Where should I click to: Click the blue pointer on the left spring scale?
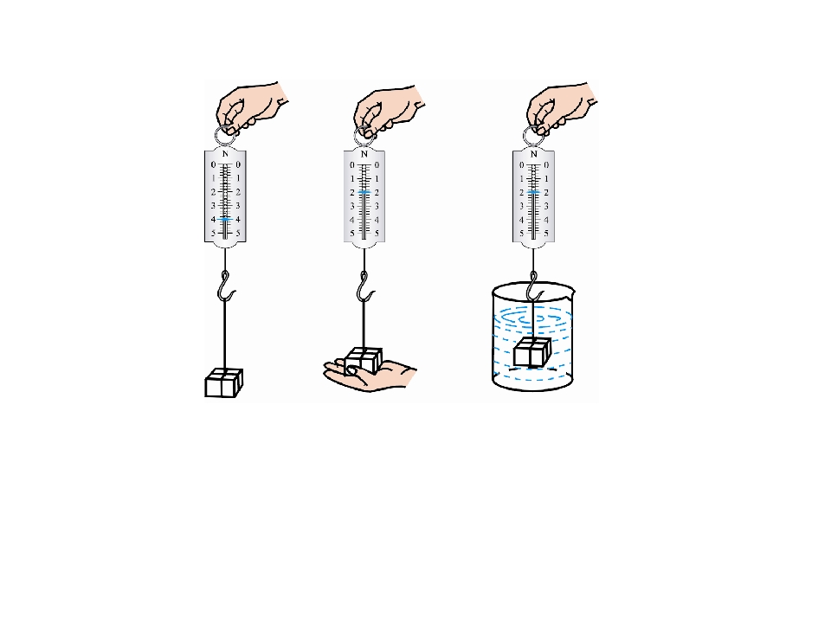(x=226, y=219)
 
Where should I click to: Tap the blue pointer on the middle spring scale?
(x=364, y=192)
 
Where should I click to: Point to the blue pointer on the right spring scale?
(x=534, y=192)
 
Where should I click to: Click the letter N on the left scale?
(x=225, y=154)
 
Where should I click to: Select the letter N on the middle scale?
(x=364, y=154)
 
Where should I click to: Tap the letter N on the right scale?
(x=534, y=154)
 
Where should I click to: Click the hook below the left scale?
(x=225, y=286)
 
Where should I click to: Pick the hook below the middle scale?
(x=364, y=286)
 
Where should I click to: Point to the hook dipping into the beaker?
(x=534, y=286)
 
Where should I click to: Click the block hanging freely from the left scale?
(x=223, y=382)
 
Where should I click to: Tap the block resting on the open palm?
(x=363, y=360)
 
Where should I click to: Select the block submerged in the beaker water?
(x=532, y=352)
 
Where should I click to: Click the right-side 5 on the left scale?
(x=239, y=233)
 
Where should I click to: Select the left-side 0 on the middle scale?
(x=352, y=165)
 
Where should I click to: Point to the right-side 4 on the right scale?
(x=546, y=220)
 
